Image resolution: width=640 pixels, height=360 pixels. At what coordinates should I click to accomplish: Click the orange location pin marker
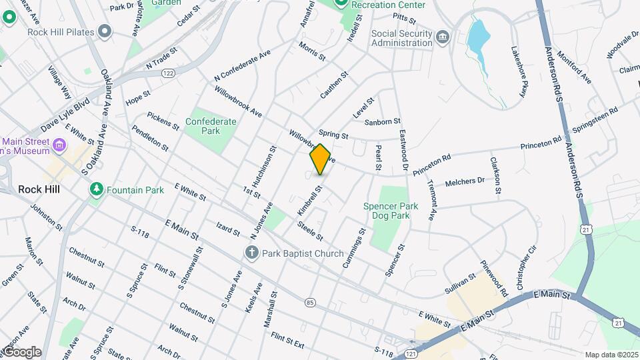coord(320,159)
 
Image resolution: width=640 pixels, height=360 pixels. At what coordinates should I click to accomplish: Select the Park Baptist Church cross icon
coord(252,253)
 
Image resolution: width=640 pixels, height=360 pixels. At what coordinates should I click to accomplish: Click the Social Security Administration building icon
coord(443,34)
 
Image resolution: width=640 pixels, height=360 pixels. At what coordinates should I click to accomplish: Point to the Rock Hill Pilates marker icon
coord(104,31)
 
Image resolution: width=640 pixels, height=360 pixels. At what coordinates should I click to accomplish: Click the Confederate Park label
coord(211,126)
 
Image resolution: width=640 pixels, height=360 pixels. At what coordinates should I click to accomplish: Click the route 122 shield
coord(168,73)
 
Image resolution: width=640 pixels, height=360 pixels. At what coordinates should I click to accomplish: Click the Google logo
coord(21,352)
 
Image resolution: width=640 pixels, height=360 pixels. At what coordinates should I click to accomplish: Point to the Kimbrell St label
coord(309,200)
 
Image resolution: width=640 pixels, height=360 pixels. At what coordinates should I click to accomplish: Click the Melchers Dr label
coord(465,181)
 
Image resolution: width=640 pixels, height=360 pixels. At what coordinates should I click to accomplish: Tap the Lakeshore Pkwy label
coord(519,72)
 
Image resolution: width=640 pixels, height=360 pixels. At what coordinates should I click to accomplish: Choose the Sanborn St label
coord(383,121)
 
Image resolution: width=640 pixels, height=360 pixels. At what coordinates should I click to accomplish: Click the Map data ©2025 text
coord(611,355)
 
